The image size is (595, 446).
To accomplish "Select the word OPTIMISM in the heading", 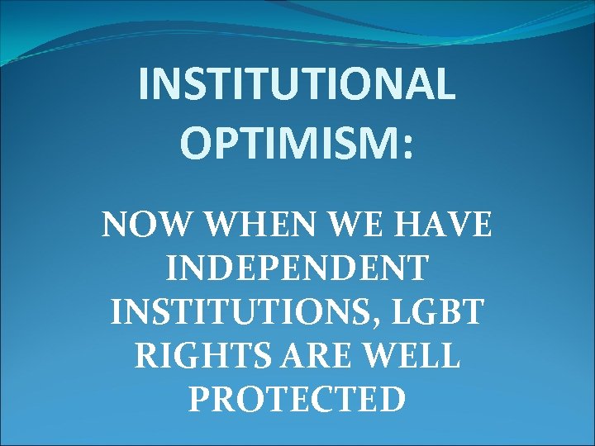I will tap(289, 145).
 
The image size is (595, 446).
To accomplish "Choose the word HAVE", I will tap(441, 225).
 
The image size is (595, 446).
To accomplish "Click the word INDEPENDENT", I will tap(297, 268).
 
